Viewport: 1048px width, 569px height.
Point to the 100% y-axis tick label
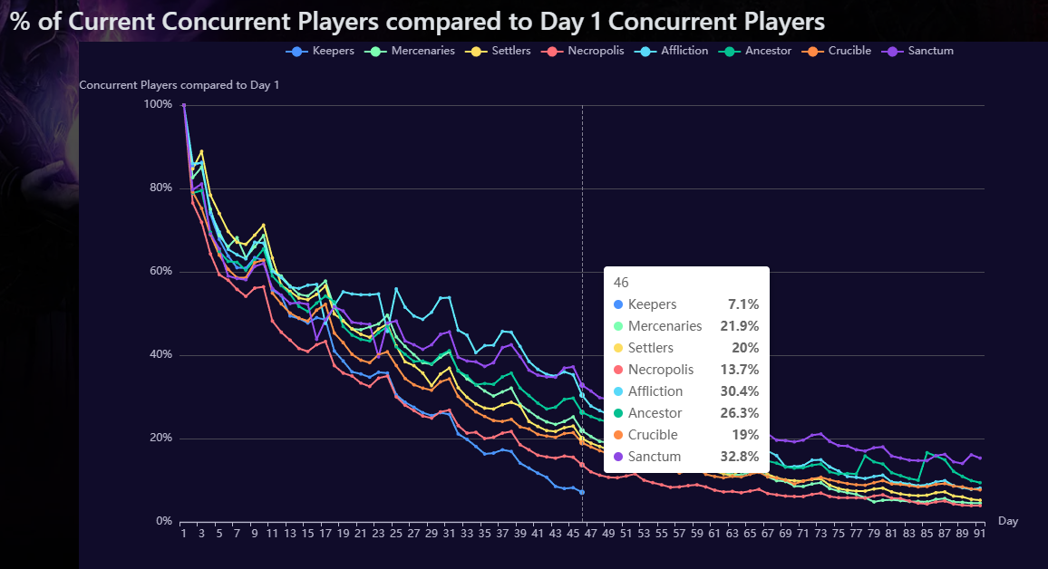point(158,104)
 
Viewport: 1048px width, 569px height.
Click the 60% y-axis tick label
point(160,272)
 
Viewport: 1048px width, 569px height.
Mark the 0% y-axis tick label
point(164,522)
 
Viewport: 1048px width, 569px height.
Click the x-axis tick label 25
point(396,534)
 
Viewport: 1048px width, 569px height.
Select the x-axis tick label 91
point(980,534)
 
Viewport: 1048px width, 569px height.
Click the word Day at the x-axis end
point(1008,521)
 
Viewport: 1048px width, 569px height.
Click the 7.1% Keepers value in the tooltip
point(744,304)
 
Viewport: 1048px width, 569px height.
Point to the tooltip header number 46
point(621,283)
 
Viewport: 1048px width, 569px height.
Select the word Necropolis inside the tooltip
point(661,370)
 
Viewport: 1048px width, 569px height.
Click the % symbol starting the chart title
point(20,22)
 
